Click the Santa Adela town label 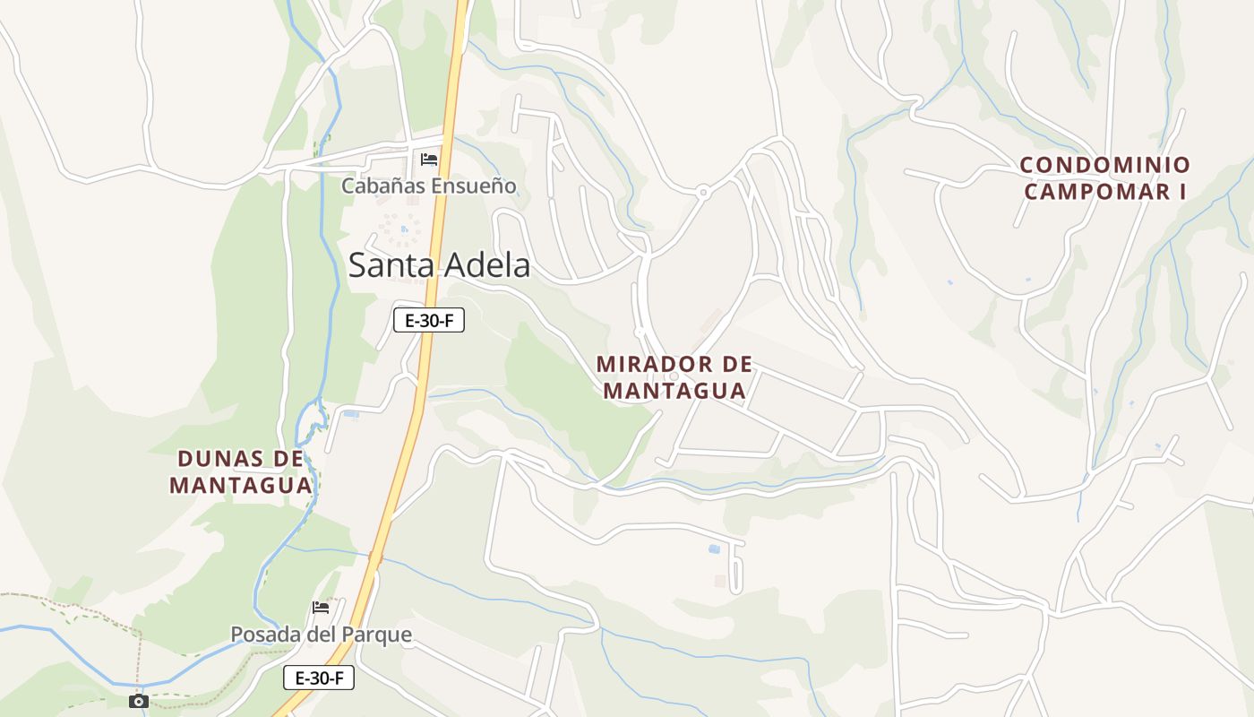(x=439, y=265)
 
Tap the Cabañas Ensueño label (x=429, y=186)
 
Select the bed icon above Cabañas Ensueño (x=429, y=160)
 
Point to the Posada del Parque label (x=321, y=635)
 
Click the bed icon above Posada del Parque (x=321, y=608)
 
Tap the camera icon (x=138, y=701)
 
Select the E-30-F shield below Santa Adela (x=429, y=320)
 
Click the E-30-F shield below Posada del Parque (x=319, y=678)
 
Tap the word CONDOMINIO (x=1105, y=165)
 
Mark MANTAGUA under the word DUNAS (x=241, y=485)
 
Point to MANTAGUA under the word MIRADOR (x=674, y=390)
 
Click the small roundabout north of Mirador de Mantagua (x=703, y=191)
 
